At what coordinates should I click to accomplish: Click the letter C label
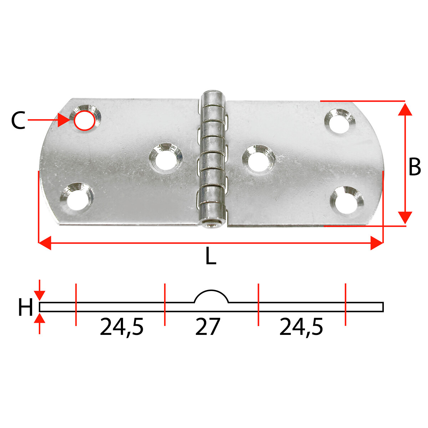pos(18,121)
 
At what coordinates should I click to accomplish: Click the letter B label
pos(414,167)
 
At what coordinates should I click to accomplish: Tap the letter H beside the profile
pos(26,307)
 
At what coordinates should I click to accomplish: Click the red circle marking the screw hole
pos(85,121)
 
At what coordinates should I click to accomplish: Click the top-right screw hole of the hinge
pos(340,121)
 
